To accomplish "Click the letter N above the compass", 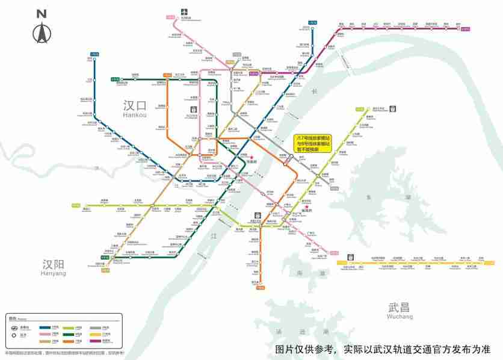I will coord(41,13).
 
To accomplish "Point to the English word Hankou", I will coord(135,115).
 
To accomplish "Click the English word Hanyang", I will coord(54,273).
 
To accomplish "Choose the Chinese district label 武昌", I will coord(400,308).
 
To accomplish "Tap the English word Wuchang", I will coord(400,317).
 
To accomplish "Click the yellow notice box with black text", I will coord(312,144).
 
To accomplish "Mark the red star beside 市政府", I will coord(253,157).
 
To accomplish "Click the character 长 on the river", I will coord(313,91).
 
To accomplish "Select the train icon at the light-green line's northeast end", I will coord(393,109).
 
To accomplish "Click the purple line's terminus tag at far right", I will coord(465,28).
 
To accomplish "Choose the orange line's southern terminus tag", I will coord(260,288).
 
